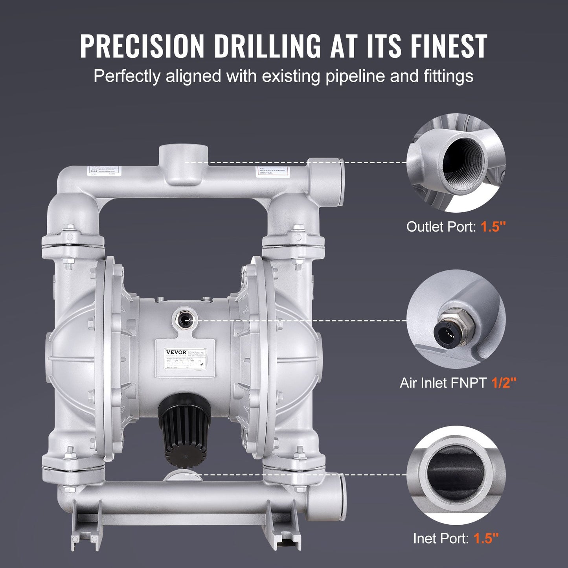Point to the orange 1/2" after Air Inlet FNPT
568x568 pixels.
pos(504,382)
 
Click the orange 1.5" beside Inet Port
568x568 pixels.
pos(486,538)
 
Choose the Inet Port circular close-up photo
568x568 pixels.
pos(456,475)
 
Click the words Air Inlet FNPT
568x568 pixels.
pos(443,382)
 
